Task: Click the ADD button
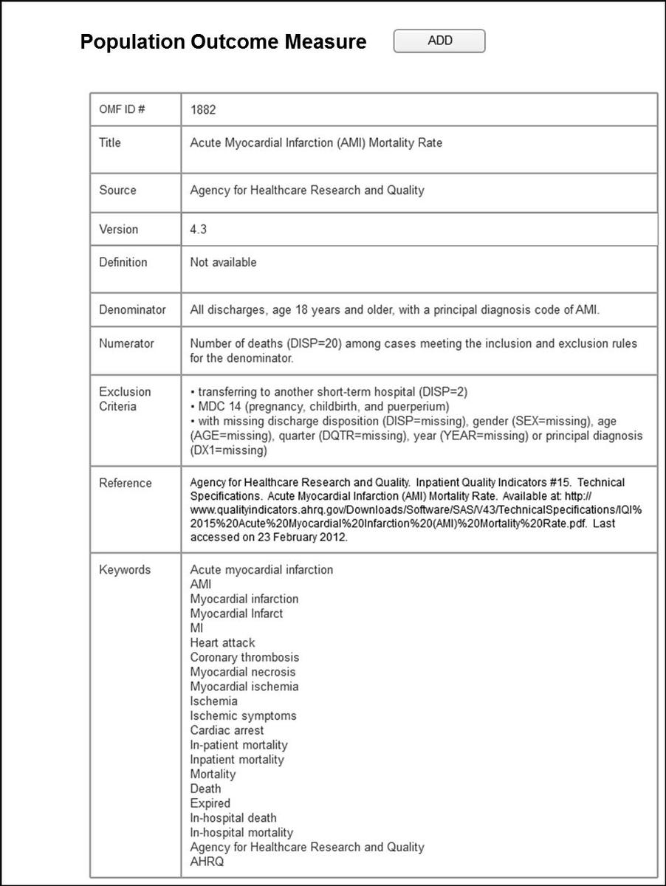point(439,41)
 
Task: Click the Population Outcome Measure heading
point(223,42)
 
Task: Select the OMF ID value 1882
point(203,109)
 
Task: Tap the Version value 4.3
point(198,229)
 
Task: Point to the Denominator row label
point(132,310)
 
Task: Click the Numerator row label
point(126,343)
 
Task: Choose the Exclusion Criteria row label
point(125,399)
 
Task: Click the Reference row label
point(125,483)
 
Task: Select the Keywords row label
point(125,570)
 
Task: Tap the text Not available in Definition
point(223,262)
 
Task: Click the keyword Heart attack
point(222,642)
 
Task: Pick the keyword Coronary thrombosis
point(244,657)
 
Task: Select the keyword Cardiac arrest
point(227,730)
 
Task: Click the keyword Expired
point(210,803)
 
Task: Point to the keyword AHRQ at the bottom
point(207,862)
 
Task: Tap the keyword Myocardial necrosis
point(242,672)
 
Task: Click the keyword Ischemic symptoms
point(243,715)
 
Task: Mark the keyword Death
point(205,789)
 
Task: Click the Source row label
point(117,190)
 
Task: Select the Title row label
point(110,142)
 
